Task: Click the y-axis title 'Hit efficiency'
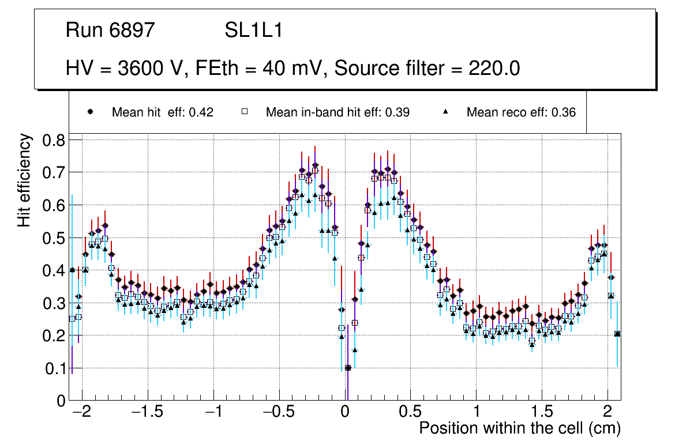[x=24, y=180]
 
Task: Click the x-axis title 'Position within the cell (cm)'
[x=519, y=428]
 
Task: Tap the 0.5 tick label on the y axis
[x=54, y=238]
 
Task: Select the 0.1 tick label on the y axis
[x=54, y=368]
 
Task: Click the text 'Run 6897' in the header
[x=110, y=31]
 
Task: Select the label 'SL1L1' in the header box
[x=253, y=31]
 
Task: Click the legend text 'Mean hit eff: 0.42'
[x=163, y=112]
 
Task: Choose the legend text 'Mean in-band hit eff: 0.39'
[x=337, y=112]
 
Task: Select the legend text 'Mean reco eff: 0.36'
[x=521, y=112]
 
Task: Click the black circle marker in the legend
[x=90, y=112]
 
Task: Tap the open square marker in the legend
[x=244, y=112]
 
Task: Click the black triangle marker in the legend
[x=445, y=112]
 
